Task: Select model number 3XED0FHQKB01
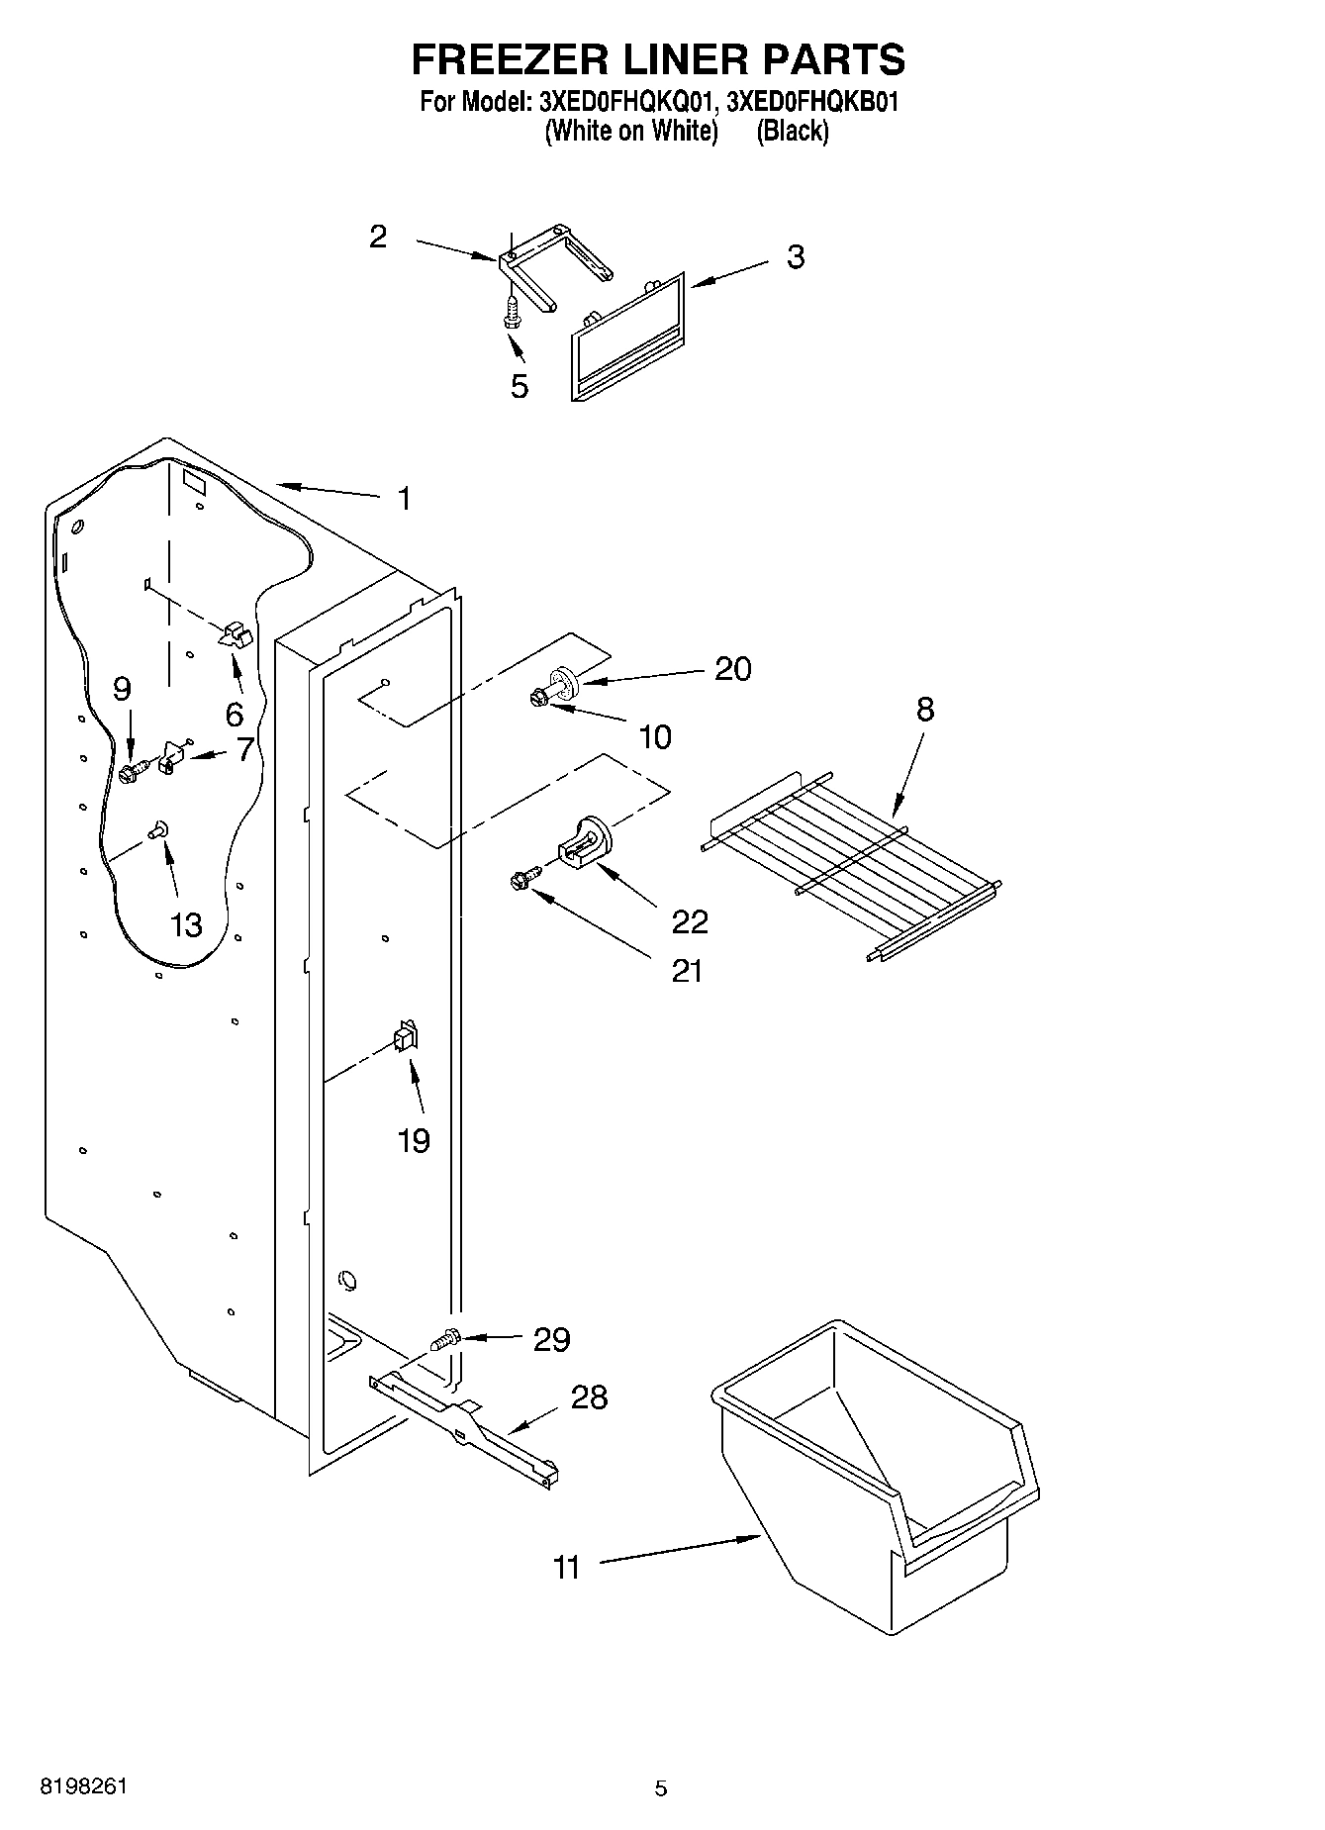click(811, 102)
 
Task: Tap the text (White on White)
click(630, 131)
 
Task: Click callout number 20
click(732, 669)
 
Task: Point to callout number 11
click(566, 1568)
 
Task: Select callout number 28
click(589, 1397)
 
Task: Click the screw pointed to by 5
click(512, 314)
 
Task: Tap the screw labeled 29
click(446, 1340)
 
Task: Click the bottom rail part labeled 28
click(465, 1425)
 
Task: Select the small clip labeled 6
click(235, 634)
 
